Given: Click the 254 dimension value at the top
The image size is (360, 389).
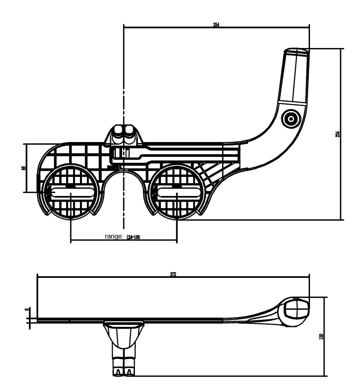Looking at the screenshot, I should click(x=216, y=25).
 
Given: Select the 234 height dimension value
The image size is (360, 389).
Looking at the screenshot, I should click(x=338, y=134).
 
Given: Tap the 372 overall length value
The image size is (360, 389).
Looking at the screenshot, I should click(x=173, y=275).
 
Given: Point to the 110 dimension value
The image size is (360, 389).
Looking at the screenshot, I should click(x=322, y=336).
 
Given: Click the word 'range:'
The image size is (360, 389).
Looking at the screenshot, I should click(x=114, y=236).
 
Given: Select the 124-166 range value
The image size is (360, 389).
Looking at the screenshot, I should click(x=133, y=237).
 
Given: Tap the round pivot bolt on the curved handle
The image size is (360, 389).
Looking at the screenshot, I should click(x=290, y=119).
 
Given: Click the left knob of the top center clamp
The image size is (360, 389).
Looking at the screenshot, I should click(x=118, y=131).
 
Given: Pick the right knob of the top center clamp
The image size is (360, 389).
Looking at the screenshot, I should click(x=129, y=131).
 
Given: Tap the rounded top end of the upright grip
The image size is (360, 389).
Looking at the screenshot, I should click(x=296, y=51).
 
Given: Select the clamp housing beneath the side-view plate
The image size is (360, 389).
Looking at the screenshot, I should click(x=124, y=332).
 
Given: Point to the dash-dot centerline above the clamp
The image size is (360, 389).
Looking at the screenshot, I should click(x=124, y=83).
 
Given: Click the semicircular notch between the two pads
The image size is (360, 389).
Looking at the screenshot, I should click(x=124, y=182).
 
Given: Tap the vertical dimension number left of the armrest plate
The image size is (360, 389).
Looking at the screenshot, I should click(x=24, y=168).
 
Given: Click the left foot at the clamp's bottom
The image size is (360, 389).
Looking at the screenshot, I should click(x=119, y=372).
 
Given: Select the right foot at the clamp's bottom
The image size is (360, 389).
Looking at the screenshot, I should click(x=130, y=372).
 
